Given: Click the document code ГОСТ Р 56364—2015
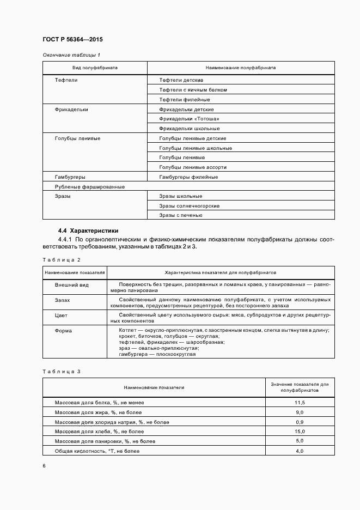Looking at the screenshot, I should coord(72,40).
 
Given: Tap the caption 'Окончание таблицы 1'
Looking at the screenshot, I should coord(71,55).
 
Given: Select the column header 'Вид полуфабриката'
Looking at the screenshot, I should coord(95,68).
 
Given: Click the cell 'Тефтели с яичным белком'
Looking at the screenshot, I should coord(193,89).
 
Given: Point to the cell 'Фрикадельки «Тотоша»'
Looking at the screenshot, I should coord(189,119).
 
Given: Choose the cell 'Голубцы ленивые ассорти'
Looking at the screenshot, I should coord(193,167).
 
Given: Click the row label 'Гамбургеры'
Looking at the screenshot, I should coord(70,177).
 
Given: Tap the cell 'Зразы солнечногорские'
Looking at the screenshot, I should coord(189,206).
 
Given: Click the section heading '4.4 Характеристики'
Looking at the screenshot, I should coord(88,230).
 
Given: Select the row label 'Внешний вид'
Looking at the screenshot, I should coord(71,285).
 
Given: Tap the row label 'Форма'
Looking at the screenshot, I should coord(63,330).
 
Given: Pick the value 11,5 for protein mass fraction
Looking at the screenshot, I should coord(299,402).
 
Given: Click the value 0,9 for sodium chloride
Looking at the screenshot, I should coord(299,422).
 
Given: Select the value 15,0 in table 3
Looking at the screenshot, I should coord(299,431).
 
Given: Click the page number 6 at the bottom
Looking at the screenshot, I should coord(44,466).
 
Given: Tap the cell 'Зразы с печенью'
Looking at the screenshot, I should coord(181,215).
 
